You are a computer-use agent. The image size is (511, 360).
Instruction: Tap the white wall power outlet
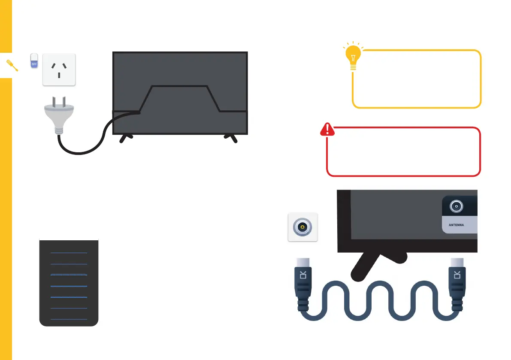pyautogui.click(x=59, y=70)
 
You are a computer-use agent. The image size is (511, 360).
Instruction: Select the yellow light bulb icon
pyautogui.click(x=353, y=57)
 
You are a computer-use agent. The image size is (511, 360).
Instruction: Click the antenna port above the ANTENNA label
pyautogui.click(x=456, y=206)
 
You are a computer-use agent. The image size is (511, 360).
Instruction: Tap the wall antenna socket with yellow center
pyautogui.click(x=302, y=227)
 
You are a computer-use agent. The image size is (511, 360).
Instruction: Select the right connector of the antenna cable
pyautogui.click(x=456, y=285)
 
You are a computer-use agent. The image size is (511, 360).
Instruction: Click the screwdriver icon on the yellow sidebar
pyautogui.click(x=12, y=66)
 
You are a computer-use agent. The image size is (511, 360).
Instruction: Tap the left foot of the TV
pyautogui.click(x=126, y=139)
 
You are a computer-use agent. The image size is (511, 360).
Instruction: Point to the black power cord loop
pyautogui.click(x=86, y=146)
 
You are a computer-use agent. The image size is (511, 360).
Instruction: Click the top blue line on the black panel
pyautogui.click(x=69, y=253)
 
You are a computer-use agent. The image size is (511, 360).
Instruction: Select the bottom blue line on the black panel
pyautogui.click(x=69, y=319)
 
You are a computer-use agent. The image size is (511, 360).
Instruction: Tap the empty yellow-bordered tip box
pyautogui.click(x=416, y=79)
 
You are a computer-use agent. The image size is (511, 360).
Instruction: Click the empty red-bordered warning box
pyautogui.click(x=403, y=152)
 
